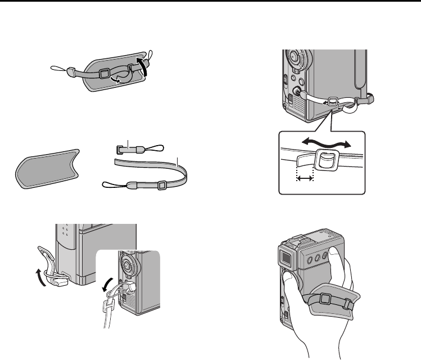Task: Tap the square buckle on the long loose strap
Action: tap(161, 184)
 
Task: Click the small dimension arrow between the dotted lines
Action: tap(304, 178)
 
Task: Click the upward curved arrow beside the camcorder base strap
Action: tap(38, 276)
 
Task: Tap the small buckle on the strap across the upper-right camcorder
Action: tap(332, 101)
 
